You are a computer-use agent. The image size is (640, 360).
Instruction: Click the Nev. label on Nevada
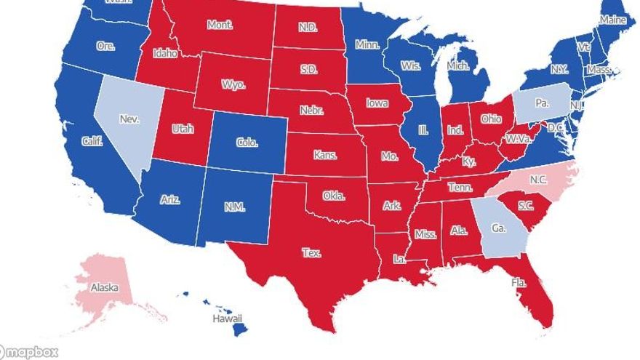pyautogui.click(x=129, y=119)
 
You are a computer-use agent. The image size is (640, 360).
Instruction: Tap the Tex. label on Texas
pyautogui.click(x=311, y=253)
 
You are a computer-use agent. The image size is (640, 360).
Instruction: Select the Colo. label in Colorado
pyautogui.click(x=247, y=143)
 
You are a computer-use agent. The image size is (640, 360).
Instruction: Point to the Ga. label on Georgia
pyautogui.click(x=498, y=228)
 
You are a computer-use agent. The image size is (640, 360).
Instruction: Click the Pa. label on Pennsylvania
pyautogui.click(x=542, y=103)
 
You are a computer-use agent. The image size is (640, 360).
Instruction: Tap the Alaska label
pyautogui.click(x=104, y=287)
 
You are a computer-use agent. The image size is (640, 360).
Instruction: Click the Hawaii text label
pyautogui.click(x=227, y=319)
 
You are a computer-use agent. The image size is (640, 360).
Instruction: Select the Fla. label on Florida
pyautogui.click(x=519, y=282)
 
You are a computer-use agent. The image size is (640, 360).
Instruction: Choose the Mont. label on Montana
pyautogui.click(x=220, y=25)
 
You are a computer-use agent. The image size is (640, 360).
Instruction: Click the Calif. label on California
pyautogui.click(x=92, y=141)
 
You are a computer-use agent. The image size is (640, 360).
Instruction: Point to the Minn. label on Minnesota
pyautogui.click(x=367, y=44)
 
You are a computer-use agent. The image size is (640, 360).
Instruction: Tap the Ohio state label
pyautogui.click(x=491, y=119)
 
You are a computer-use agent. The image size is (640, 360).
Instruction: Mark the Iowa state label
pyautogui.click(x=377, y=103)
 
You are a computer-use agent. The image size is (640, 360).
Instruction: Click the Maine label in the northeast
pyautogui.click(x=612, y=20)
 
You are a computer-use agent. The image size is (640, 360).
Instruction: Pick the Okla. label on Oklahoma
pyautogui.click(x=334, y=196)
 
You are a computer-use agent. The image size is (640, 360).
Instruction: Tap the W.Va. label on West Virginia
pyautogui.click(x=517, y=138)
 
